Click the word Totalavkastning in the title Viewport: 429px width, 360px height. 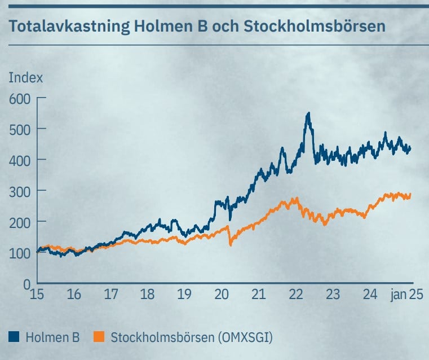coord(69,27)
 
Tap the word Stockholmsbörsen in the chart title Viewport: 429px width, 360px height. coord(314,26)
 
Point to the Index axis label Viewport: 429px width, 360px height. coord(26,78)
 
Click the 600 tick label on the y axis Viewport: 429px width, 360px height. coord(20,99)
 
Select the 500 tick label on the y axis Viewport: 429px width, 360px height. coord(20,130)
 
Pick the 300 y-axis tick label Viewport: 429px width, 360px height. coord(20,192)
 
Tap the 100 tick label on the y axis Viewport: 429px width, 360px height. coord(20,253)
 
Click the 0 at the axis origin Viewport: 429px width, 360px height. coord(27,284)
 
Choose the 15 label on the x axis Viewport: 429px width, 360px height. coord(37,295)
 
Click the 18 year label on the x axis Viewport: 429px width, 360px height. coord(148,295)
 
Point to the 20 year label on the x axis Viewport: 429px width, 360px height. coord(222,295)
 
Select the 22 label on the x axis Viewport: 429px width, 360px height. coord(296,295)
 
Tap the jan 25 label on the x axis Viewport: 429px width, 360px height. coord(407,295)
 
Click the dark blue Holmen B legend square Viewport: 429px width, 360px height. coord(14,337)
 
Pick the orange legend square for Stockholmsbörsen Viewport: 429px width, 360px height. coord(99,337)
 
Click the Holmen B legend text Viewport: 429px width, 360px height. coord(52,337)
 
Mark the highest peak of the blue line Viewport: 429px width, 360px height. coord(309,112)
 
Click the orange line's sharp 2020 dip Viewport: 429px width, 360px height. coord(231,245)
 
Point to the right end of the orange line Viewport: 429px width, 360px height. coord(410,194)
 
